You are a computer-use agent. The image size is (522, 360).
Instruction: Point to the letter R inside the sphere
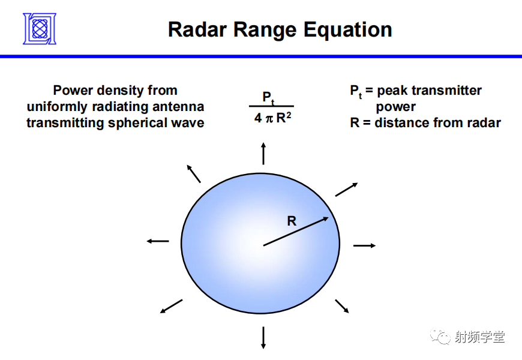click(x=292, y=221)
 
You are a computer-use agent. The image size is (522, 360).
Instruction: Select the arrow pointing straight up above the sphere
click(x=263, y=154)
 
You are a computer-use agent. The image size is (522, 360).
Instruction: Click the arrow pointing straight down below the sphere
click(x=263, y=337)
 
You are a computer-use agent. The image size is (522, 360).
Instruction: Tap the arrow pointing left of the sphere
click(x=158, y=241)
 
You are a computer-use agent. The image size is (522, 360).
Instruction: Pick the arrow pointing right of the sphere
click(x=364, y=245)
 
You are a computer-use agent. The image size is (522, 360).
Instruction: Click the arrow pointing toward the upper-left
click(x=194, y=173)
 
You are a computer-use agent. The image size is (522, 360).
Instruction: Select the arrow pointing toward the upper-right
click(x=347, y=189)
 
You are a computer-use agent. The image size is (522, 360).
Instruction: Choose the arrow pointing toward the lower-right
click(x=342, y=306)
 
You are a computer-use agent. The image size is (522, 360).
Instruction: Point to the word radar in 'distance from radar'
click(x=484, y=123)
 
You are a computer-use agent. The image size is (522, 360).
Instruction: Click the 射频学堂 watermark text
click(x=479, y=337)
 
